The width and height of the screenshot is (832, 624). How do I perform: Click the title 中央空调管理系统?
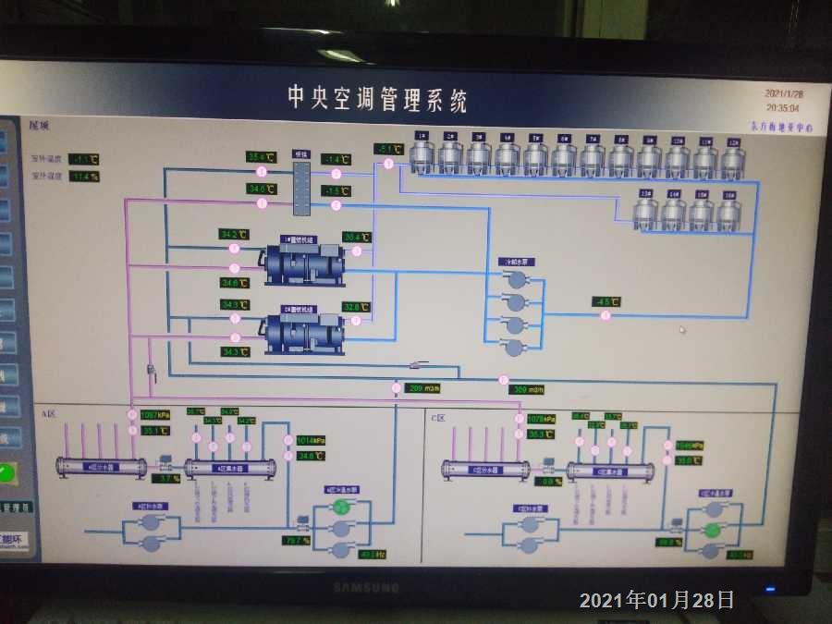pyautogui.click(x=377, y=97)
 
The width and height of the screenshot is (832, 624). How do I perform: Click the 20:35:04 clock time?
pyautogui.click(x=784, y=108)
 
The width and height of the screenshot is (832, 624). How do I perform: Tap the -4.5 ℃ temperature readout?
pyautogui.click(x=606, y=301)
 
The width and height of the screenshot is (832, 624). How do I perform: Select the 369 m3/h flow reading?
pyautogui.click(x=528, y=389)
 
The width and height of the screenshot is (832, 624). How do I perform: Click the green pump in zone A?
pyautogui.click(x=342, y=507)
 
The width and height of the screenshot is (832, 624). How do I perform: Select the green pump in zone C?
pyautogui.click(x=712, y=530)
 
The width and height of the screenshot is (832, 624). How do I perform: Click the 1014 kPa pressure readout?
pyautogui.click(x=311, y=440)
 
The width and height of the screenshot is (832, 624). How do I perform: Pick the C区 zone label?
pyautogui.click(x=438, y=418)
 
